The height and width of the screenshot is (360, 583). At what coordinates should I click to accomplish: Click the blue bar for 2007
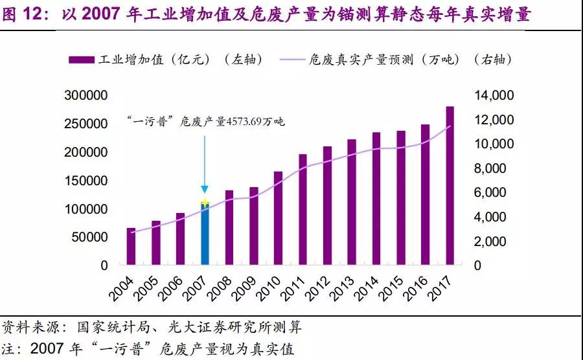tap(205, 236)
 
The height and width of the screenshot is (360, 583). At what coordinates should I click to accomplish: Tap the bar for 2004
tap(131, 247)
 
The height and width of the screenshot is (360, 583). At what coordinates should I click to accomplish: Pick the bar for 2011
tap(303, 210)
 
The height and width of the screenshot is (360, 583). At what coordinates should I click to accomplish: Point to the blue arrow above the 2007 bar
tap(205, 162)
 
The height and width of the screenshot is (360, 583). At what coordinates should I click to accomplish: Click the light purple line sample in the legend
tap(300, 60)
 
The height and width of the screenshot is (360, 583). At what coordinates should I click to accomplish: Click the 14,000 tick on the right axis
tap(494, 96)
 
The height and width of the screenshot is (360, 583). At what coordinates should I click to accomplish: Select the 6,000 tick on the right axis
tap(497, 192)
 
